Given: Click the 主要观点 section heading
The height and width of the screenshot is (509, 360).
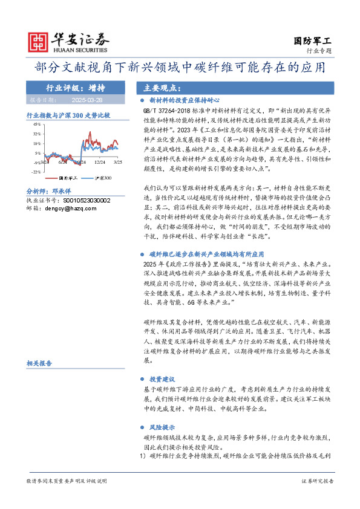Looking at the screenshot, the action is tap(155, 87).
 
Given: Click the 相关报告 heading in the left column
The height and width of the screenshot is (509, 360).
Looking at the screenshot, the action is tap(39, 363).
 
